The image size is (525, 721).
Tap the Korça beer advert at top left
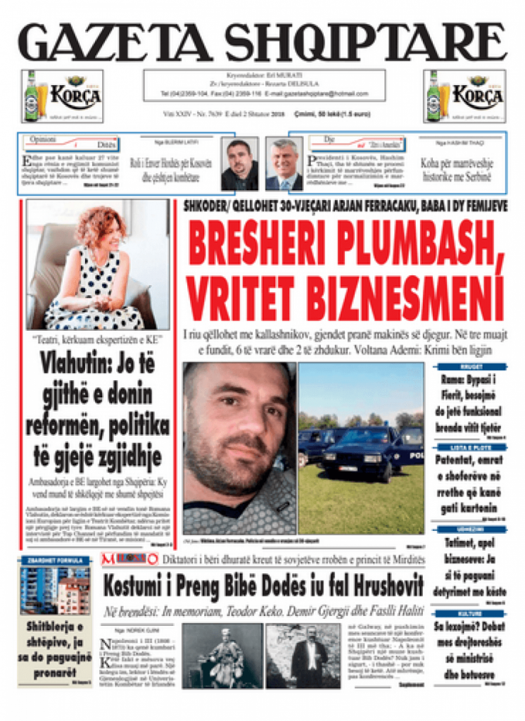point(63,96)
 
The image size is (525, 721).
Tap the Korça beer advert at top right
point(464,96)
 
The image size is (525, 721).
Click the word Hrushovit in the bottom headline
point(377,584)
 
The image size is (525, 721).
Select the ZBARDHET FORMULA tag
point(55,560)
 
